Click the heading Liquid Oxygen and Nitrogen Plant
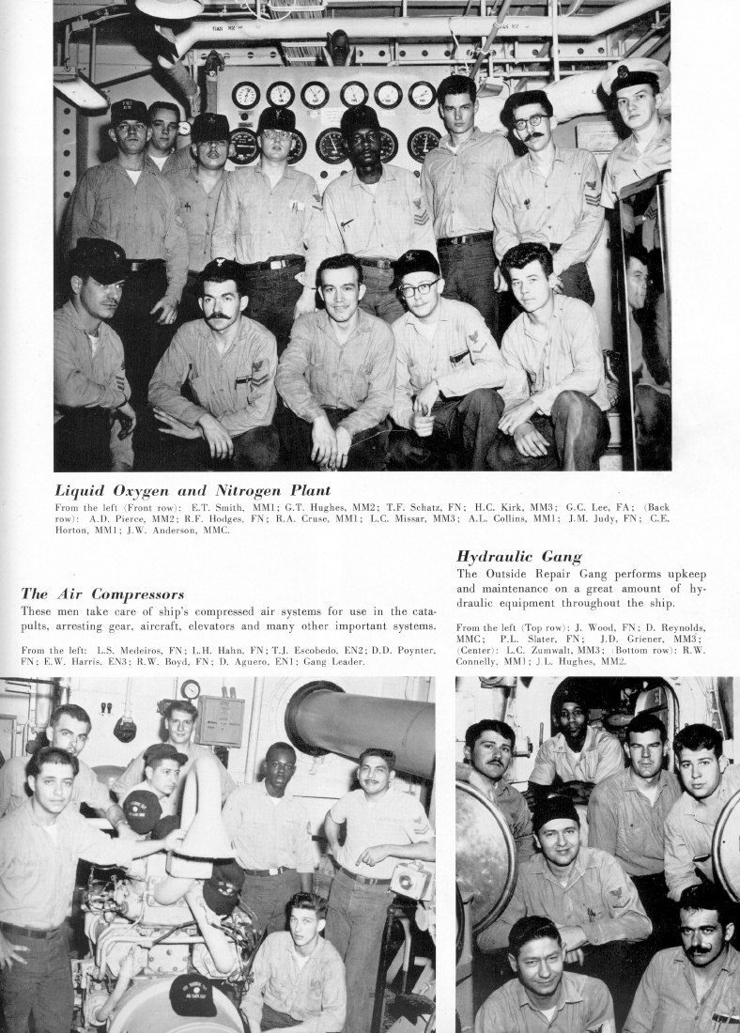click(x=193, y=490)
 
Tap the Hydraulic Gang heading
click(x=518, y=557)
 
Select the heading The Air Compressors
click(x=102, y=594)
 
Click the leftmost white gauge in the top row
click(x=245, y=95)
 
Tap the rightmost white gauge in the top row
click(x=422, y=95)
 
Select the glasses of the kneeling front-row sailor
click(x=420, y=289)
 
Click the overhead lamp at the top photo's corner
click(x=169, y=8)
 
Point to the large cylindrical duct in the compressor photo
click(x=361, y=723)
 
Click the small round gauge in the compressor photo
click(x=191, y=690)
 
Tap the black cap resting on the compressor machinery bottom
click(x=193, y=995)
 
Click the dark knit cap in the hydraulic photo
click(x=554, y=810)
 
